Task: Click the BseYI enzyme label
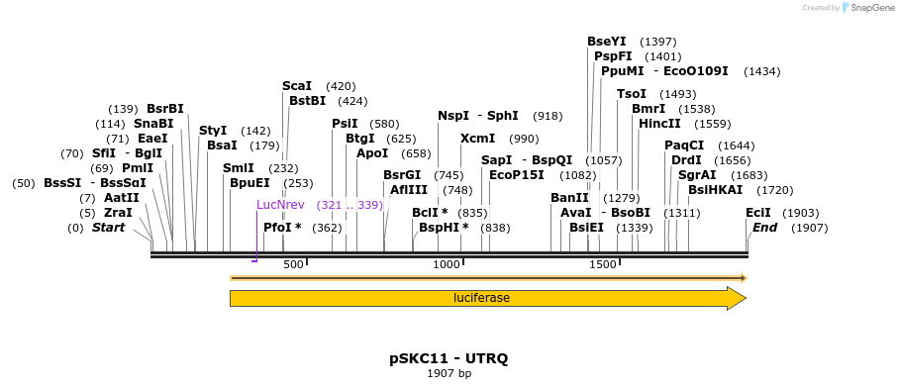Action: (x=607, y=42)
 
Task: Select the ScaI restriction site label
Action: (x=297, y=86)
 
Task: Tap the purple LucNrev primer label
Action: (x=280, y=205)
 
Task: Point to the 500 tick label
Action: (x=293, y=265)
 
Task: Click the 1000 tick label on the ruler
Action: (x=447, y=265)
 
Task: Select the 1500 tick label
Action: (x=603, y=265)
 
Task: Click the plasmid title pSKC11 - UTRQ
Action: (x=449, y=358)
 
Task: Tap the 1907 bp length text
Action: (x=449, y=373)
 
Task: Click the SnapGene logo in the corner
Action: (x=869, y=8)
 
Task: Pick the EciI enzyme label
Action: (x=758, y=213)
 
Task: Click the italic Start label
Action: (x=109, y=228)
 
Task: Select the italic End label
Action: (x=765, y=228)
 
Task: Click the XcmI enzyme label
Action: (x=478, y=139)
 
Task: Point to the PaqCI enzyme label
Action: (x=684, y=146)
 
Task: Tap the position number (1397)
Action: (x=658, y=42)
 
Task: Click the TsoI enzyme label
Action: (x=631, y=94)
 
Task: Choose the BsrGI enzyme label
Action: (x=402, y=175)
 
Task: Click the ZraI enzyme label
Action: (x=118, y=213)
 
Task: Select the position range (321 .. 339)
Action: (x=350, y=205)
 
